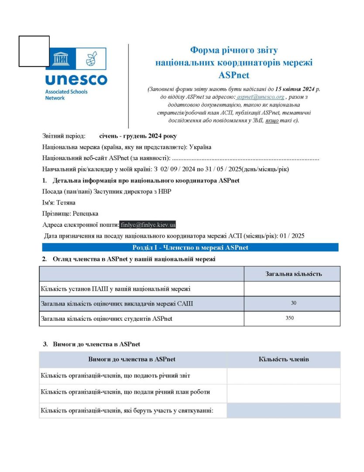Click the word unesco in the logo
76,80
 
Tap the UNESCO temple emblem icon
60,59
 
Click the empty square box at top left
34,51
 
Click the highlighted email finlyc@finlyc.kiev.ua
148,225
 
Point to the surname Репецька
85,214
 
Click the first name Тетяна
66,203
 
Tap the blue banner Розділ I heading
190,247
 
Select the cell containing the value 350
290,318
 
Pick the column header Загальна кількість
293,274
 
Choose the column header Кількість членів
284,359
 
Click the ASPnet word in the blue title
234,75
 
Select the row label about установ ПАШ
115,288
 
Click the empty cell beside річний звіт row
284,376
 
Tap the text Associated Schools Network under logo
66,95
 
